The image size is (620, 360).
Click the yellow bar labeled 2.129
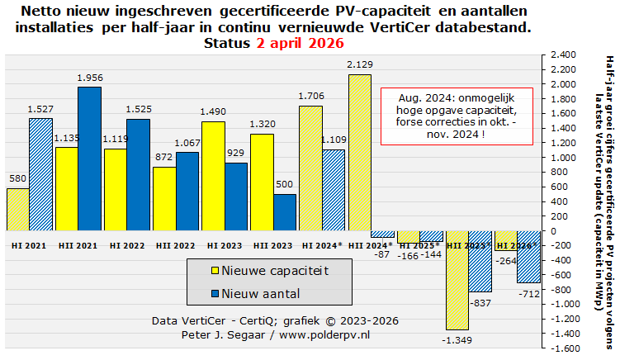[x=359, y=153]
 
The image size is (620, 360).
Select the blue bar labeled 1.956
[x=89, y=159]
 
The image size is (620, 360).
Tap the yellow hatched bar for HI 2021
[x=17, y=210]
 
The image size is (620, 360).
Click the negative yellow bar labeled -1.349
[x=457, y=280]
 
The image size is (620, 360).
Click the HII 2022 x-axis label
[x=175, y=245]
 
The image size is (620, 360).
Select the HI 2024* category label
[x=322, y=245]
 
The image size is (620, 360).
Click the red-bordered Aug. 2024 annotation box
[x=456, y=116]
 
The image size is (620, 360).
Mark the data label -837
[x=480, y=304]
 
